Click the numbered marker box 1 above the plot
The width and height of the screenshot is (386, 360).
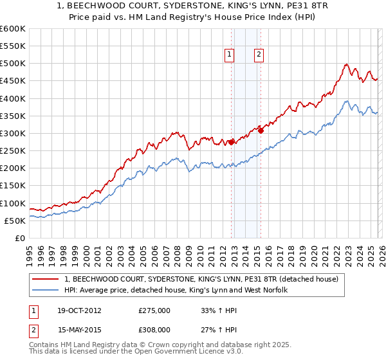coord(230,55)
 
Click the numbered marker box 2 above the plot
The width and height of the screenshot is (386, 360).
coord(259,55)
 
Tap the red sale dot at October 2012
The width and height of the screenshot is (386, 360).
coord(231,143)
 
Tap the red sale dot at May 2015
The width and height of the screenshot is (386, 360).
coord(261,131)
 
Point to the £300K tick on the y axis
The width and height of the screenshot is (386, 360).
coord(12,134)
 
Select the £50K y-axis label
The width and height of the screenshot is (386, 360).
coord(15,221)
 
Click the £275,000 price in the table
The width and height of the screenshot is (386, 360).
coord(154,310)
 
